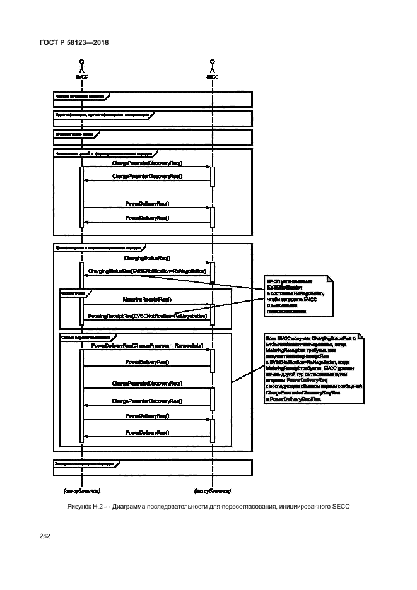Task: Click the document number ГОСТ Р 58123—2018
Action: click(74, 43)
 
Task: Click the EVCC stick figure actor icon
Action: click(81, 65)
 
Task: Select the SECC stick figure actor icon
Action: click(213, 65)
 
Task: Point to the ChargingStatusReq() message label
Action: click(147, 259)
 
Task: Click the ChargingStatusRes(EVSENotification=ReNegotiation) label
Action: click(148, 271)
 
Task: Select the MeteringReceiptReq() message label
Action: click(147, 299)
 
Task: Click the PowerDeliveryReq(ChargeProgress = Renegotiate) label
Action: click(147, 346)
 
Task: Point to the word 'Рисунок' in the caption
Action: click(79, 507)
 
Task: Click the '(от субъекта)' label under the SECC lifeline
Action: click(212, 490)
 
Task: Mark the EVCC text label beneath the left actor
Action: click(81, 77)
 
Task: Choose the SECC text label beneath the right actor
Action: click(213, 77)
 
